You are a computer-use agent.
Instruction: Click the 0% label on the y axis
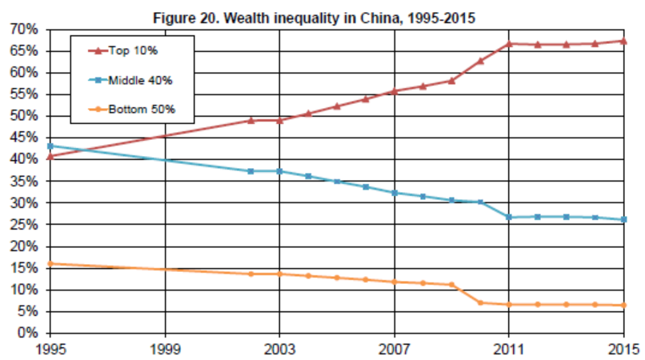26,333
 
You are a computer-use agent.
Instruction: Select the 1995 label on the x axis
50,349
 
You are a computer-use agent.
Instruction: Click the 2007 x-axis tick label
395,349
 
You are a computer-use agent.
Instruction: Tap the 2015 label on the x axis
623,349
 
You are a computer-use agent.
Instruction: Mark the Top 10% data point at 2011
509,43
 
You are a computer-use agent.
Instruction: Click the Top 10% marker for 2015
623,41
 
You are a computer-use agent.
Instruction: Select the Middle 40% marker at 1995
50,146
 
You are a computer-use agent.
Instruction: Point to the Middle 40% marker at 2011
509,217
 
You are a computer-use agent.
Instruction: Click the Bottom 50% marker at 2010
480,302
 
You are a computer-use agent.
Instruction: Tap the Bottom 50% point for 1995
50,263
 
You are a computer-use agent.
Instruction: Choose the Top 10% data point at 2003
279,120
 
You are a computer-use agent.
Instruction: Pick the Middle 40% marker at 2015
623,219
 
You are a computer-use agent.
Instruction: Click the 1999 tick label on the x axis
165,349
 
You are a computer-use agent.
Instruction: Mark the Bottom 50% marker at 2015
623,305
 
